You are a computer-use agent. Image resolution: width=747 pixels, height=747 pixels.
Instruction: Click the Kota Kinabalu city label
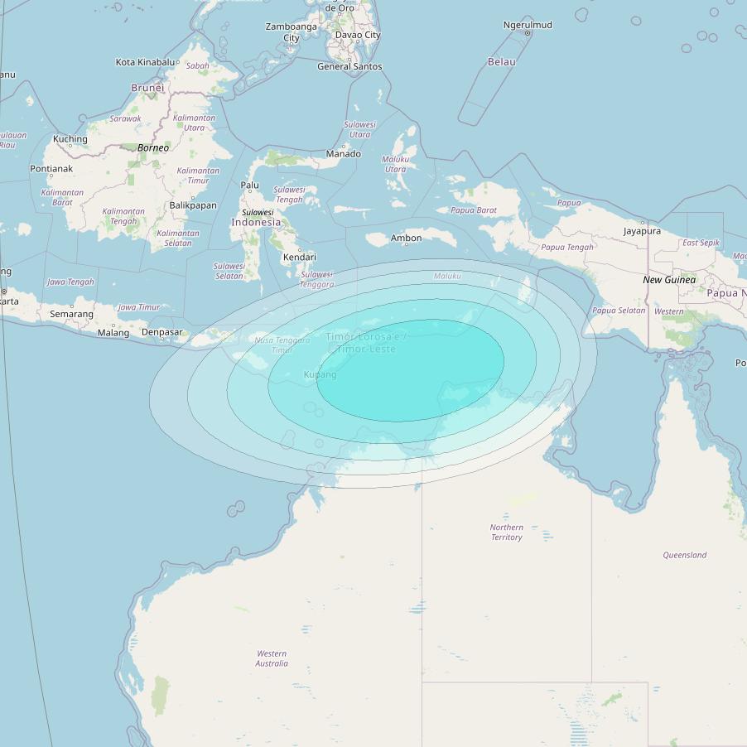146,62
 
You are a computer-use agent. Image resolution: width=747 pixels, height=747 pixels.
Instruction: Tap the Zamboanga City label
292,32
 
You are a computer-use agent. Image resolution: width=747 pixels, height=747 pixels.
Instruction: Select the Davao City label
358,35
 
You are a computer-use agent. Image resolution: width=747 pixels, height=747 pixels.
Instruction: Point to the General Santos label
349,66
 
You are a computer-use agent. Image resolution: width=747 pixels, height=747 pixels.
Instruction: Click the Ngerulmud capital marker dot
528,33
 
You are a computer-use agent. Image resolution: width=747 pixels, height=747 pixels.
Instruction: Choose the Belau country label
502,62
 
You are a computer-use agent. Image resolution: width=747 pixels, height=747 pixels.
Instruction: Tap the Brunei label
147,88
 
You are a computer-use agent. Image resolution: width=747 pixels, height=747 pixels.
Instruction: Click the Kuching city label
70,139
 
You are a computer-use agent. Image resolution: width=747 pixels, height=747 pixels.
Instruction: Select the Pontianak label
51,169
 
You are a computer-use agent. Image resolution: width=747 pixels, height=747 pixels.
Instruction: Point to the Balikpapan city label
193,205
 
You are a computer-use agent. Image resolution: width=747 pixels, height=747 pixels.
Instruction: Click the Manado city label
344,154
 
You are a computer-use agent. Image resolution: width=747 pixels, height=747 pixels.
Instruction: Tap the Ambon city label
406,239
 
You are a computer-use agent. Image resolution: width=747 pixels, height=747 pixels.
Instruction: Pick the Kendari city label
300,258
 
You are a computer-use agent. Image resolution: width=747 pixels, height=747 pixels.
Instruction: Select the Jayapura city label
643,231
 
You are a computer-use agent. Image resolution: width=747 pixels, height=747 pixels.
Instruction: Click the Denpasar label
161,332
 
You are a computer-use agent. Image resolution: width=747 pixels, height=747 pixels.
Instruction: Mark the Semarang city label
71,315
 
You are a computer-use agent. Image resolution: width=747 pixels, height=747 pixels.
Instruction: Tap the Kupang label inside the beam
320,375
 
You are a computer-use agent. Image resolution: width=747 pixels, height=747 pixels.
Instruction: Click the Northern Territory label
506,533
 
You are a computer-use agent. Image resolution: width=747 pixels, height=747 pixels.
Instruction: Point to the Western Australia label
272,658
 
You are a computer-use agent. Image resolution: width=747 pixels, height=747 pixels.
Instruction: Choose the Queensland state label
685,555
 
